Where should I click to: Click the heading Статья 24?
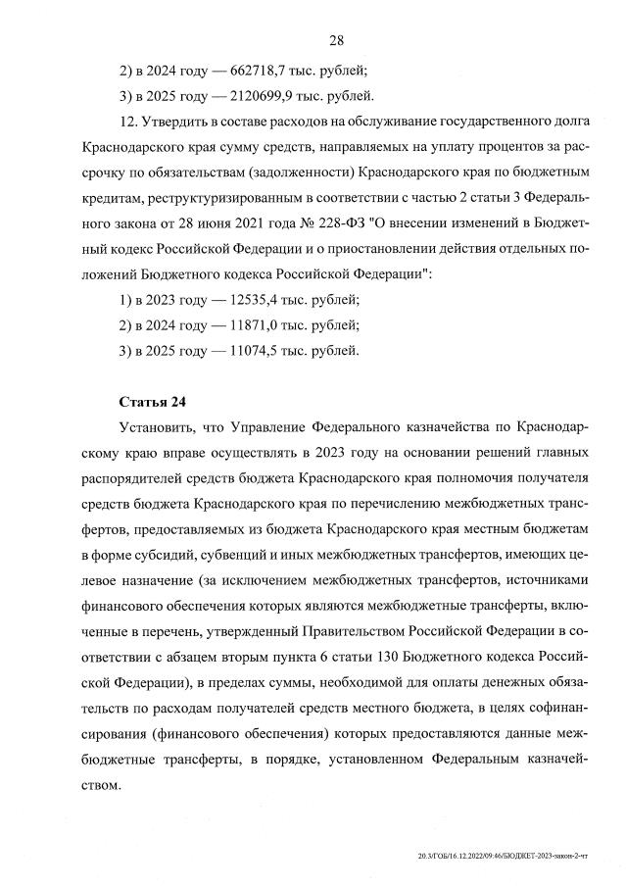[152, 402]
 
